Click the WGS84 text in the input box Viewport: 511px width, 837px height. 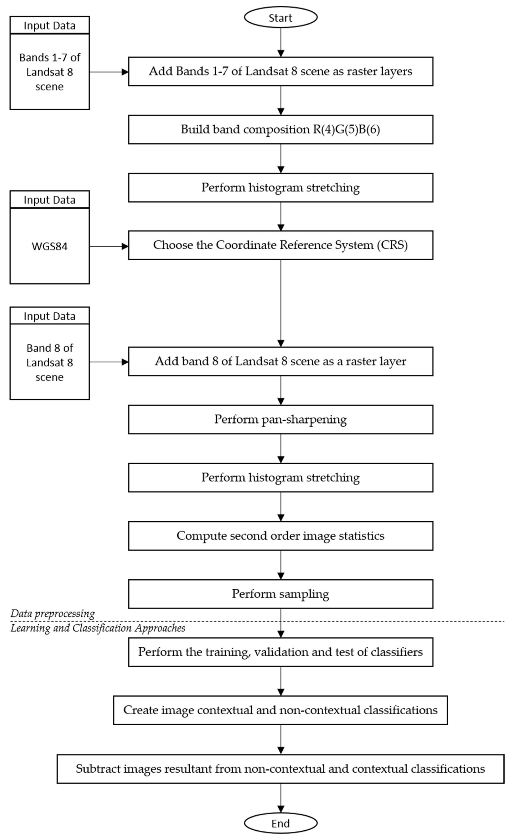[50, 246]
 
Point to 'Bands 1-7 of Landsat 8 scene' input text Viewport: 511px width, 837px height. [50, 72]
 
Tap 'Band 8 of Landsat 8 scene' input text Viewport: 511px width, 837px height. [50, 362]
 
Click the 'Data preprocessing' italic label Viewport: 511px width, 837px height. [53, 613]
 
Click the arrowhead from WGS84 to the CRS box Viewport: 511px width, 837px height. [125, 246]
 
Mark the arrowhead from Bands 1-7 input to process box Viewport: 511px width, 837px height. [125, 72]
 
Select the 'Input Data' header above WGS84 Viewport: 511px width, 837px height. [50, 200]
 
